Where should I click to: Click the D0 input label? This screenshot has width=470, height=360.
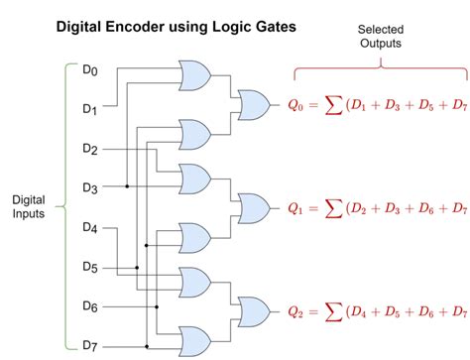click(90, 70)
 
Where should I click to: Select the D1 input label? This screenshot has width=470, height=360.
click(90, 109)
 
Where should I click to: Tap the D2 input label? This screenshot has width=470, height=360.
click(90, 149)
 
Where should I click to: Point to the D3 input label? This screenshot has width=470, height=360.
click(90, 187)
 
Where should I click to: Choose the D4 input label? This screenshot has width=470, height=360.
click(90, 227)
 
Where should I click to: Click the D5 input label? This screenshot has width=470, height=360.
click(90, 266)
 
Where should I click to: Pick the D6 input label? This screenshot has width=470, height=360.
click(90, 305)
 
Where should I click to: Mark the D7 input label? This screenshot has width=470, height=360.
click(90, 344)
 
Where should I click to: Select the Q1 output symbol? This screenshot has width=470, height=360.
click(297, 208)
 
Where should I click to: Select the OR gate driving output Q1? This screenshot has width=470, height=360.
click(253, 207)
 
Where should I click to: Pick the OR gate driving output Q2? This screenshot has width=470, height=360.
click(253, 310)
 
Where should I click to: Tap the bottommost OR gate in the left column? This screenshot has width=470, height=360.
click(194, 339)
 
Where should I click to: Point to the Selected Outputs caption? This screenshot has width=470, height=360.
click(380, 37)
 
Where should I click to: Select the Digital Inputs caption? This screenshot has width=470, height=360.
click(28, 207)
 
